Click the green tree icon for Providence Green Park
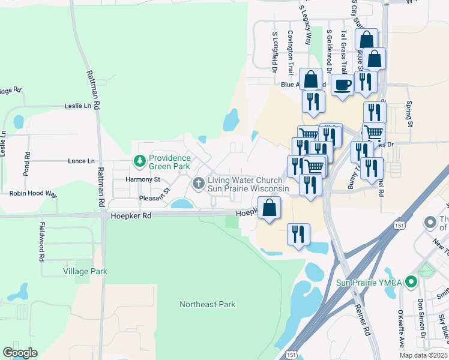pyautogui.click(x=140, y=161)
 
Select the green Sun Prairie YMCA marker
pyautogui.click(x=411, y=281)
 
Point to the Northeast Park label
pyautogui.click(x=207, y=304)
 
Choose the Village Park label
pyautogui.click(x=85, y=271)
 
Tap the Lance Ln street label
pyautogui.click(x=81, y=161)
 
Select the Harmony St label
pyautogui.click(x=143, y=179)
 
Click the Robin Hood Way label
pyautogui.click(x=33, y=194)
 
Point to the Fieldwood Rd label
pyautogui.click(x=42, y=242)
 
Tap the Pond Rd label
pyautogui.click(x=27, y=163)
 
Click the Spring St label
pyautogui.click(x=411, y=114)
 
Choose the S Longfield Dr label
pyautogui.click(x=274, y=49)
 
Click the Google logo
pyautogui.click(x=20, y=353)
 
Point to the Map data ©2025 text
pyautogui.click(x=424, y=355)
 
